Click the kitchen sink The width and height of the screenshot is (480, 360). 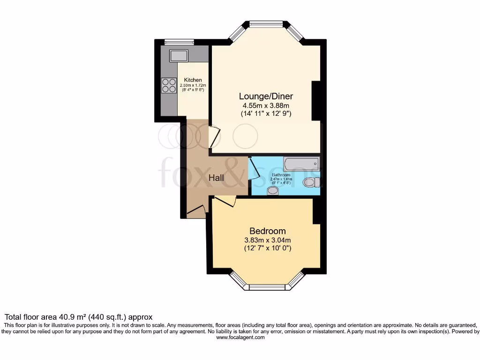[179, 55]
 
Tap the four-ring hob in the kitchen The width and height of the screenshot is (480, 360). [169, 85]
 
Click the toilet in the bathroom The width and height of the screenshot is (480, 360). [311, 182]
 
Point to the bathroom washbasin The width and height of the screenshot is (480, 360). [272, 190]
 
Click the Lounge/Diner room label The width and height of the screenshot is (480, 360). [266, 96]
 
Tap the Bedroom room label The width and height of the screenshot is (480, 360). [267, 231]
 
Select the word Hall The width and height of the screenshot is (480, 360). [216, 178]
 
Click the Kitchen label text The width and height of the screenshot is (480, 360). [193, 80]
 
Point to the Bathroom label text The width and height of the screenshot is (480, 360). [281, 175]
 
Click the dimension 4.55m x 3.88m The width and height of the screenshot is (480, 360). [266, 105]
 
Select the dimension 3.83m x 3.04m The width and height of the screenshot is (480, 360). [267, 240]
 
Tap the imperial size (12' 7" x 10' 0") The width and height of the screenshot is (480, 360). [267, 248]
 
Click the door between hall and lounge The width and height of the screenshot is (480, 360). [214, 137]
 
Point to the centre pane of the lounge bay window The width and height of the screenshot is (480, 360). [266, 23]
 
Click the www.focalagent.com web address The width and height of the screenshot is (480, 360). [240, 337]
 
